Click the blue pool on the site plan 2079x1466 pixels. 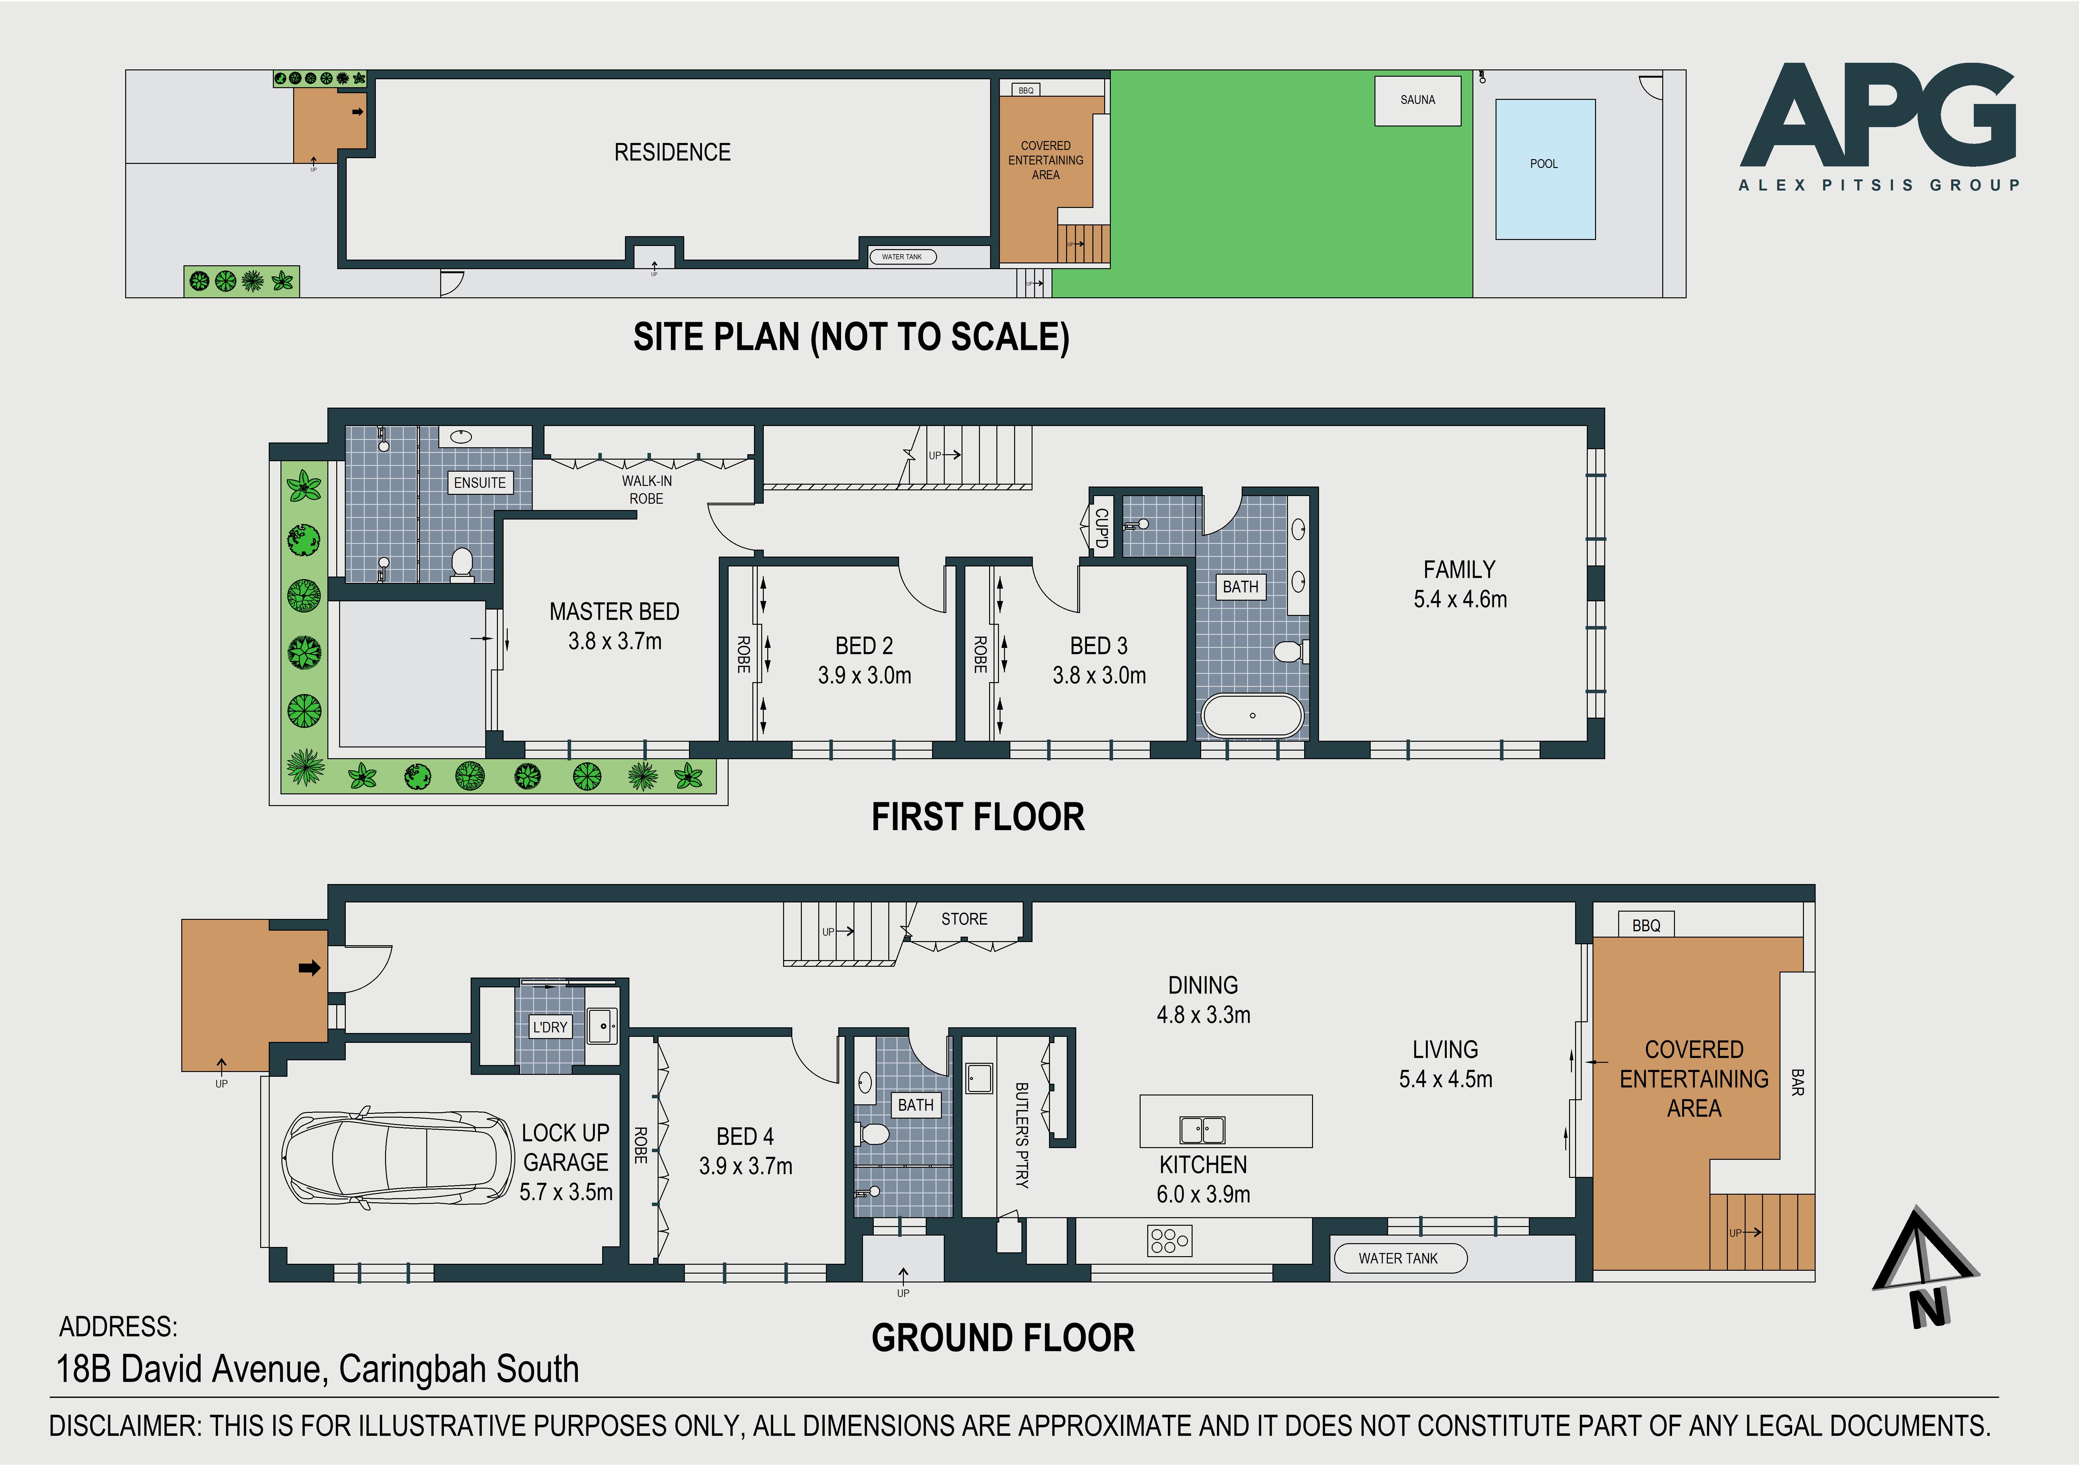(x=1545, y=169)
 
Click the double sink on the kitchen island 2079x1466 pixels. (x=1202, y=1130)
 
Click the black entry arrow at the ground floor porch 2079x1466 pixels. (x=310, y=968)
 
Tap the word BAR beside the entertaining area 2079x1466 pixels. (x=1797, y=1082)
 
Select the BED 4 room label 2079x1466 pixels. (x=745, y=1136)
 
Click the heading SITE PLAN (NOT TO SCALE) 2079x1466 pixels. (x=851, y=337)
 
